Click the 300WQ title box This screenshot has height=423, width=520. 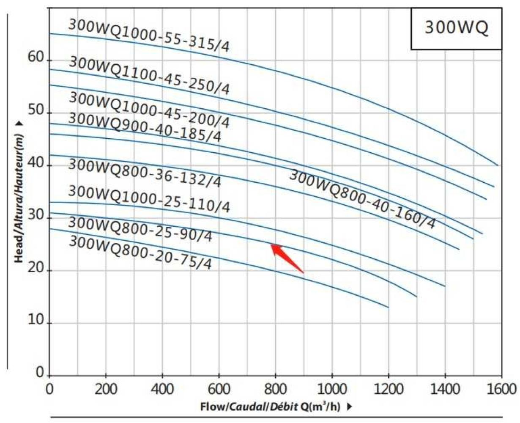click(457, 28)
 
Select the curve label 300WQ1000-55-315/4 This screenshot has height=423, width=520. click(149, 36)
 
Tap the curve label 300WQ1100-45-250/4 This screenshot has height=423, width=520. click(149, 76)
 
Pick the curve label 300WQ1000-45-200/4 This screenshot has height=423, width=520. click(149, 110)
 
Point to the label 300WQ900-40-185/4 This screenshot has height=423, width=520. click(144, 127)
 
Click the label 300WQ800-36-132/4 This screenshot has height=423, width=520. click(144, 173)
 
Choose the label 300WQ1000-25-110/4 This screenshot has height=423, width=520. click(149, 199)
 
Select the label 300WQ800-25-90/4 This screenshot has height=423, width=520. click(140, 229)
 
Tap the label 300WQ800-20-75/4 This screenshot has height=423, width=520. click(140, 253)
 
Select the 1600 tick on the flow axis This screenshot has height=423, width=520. click(501, 389)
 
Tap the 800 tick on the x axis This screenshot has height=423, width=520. click(275, 389)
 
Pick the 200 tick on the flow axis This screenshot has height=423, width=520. click(106, 389)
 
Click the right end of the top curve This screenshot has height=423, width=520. click(498, 165)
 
